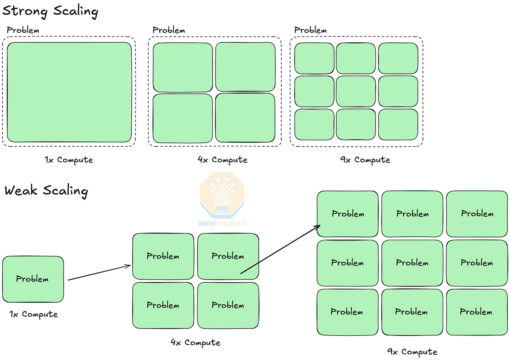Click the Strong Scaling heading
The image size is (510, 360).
(50, 11)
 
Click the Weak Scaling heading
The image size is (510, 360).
(46, 191)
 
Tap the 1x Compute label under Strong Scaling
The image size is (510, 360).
(69, 160)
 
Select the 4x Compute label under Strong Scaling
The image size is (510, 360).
(222, 160)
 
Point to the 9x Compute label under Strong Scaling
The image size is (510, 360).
(365, 160)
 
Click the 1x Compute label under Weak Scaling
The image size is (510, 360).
(34, 314)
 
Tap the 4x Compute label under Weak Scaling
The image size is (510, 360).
(195, 342)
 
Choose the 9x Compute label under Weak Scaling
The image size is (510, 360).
(412, 351)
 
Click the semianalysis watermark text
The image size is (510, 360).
(222, 223)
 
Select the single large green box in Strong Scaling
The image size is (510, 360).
(69, 92)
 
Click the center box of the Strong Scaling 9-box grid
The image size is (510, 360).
(356, 91)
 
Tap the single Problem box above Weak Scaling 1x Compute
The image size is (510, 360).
(33, 279)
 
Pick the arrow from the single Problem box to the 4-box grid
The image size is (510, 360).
(99, 273)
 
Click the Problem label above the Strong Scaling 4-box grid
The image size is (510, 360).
(169, 30)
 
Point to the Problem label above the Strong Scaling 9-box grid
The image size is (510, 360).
(310, 30)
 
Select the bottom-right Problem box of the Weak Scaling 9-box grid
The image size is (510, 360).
(476, 312)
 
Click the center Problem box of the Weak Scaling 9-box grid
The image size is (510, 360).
(412, 263)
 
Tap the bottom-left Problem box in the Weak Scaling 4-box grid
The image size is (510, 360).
(163, 305)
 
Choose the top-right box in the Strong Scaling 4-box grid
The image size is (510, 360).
(245, 67)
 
